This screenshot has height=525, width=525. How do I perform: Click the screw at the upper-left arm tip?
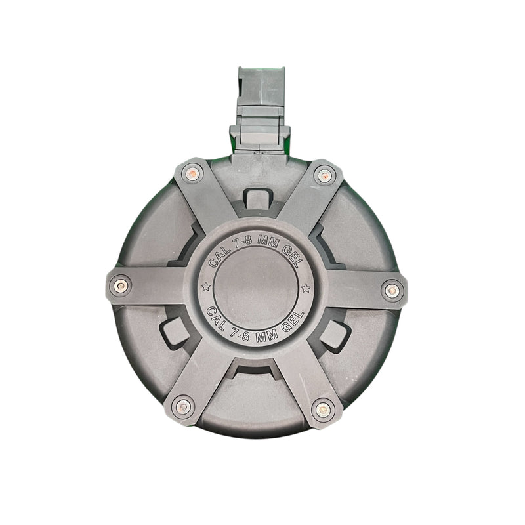click(x=192, y=173)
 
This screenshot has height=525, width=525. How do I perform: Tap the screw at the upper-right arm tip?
click(x=324, y=176)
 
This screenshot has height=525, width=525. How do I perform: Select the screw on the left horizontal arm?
click(x=121, y=286)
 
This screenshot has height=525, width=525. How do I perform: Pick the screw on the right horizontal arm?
click(x=392, y=291)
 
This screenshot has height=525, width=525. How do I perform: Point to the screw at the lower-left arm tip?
click(x=183, y=407)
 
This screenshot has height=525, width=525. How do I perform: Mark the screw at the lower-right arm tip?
click(x=323, y=409)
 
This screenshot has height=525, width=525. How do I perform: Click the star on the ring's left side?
click(x=205, y=287)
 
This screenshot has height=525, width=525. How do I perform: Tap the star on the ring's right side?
click(x=306, y=288)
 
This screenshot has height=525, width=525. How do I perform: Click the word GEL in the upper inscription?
click(x=291, y=256)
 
